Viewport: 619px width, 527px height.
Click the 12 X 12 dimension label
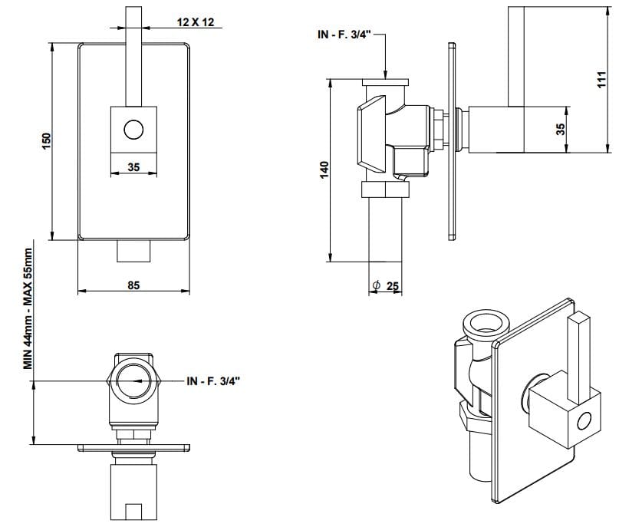point(196,22)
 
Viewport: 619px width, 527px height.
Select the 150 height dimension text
point(47,141)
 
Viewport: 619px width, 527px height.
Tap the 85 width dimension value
point(133,285)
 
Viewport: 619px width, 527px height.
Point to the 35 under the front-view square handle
point(133,167)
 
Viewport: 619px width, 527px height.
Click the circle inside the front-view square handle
point(133,130)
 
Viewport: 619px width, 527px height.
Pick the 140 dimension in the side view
point(324,170)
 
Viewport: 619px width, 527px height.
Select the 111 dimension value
point(601,79)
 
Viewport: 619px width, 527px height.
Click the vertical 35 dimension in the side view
point(561,130)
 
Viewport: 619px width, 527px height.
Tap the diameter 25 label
point(386,285)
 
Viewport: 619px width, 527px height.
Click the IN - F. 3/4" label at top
point(344,35)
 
